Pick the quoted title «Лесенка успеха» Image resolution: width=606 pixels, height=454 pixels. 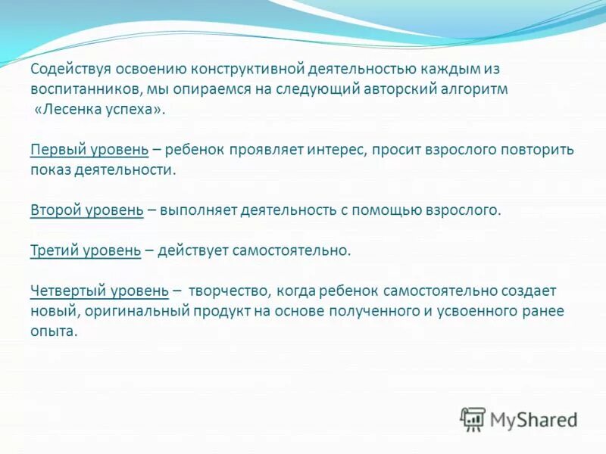99,110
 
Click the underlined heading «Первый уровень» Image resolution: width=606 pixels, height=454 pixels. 89,150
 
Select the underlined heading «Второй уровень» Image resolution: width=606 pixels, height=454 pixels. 87,210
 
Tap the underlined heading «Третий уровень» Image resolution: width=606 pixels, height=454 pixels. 86,250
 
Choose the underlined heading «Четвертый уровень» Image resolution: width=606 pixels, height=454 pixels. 100,291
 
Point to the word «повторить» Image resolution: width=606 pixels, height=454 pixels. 539,150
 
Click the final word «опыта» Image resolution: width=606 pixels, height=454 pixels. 54,331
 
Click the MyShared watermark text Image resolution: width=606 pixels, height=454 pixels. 533,419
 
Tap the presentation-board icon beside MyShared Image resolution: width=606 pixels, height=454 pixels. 473,418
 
